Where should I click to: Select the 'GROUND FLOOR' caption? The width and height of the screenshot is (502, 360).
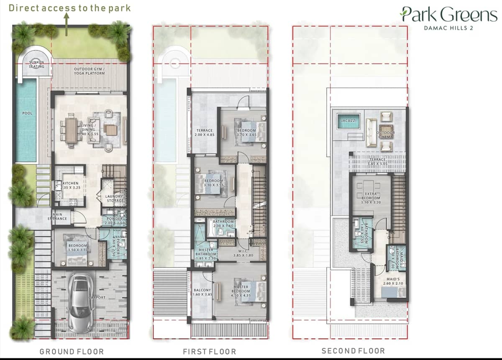(72, 351)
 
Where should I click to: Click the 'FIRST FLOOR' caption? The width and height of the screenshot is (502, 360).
(209, 351)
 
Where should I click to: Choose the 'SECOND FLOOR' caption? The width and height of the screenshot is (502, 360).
(353, 351)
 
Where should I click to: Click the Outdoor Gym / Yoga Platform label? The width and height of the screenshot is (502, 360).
(90, 71)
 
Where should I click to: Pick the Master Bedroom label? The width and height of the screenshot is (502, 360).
(241, 289)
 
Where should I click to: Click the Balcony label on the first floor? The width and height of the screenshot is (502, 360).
(202, 292)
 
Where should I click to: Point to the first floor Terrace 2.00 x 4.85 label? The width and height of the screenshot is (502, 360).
(205, 133)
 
